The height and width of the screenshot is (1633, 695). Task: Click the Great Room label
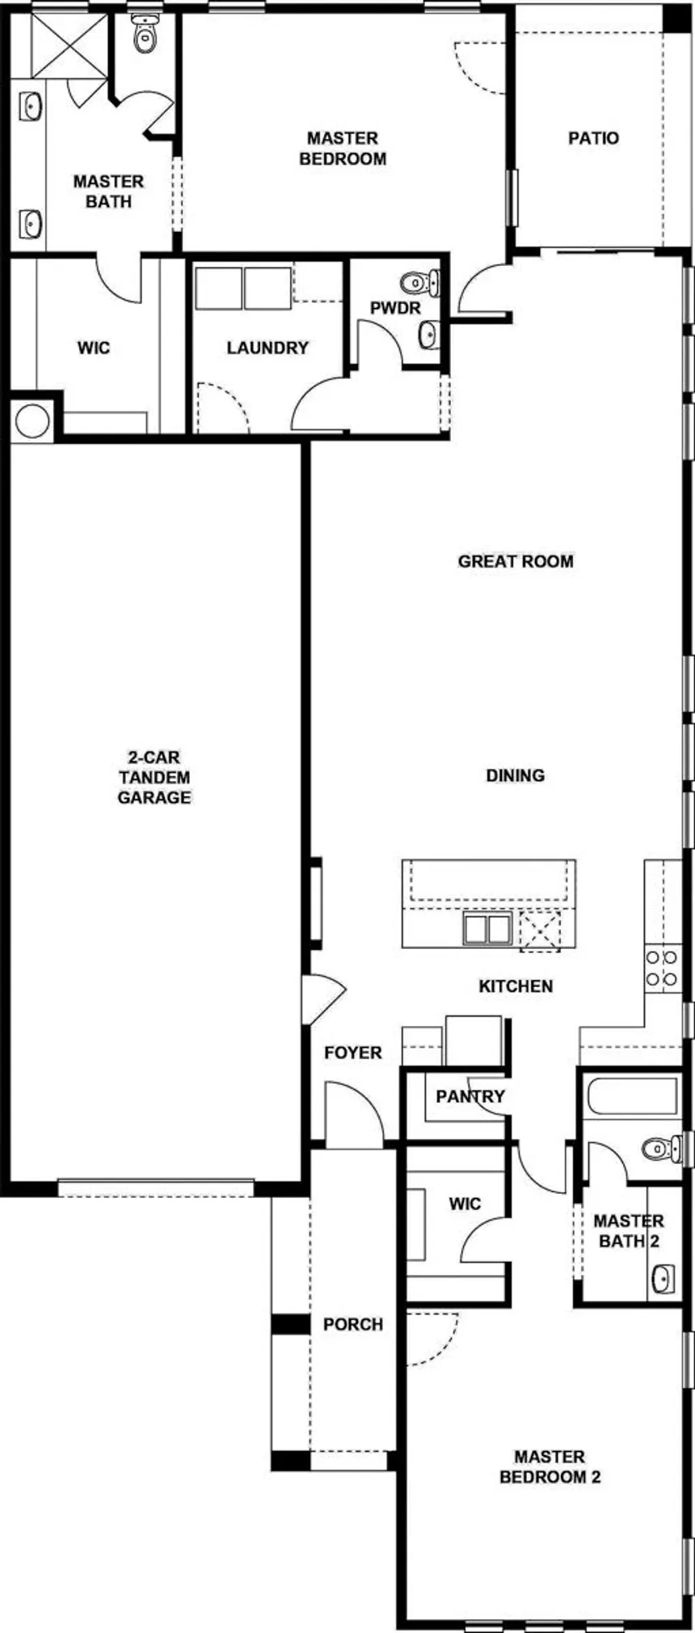point(516,561)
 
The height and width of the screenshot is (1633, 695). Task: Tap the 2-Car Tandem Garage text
point(154,778)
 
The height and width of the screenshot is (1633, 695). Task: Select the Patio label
point(593,138)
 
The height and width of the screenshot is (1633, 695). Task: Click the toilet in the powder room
point(418,283)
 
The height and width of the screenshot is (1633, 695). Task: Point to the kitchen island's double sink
point(486,929)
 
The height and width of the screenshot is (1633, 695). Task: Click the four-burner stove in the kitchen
point(662,968)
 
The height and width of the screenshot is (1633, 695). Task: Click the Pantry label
point(470,1097)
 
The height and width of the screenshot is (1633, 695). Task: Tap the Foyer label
point(352,1053)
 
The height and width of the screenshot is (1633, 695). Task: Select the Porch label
point(352,1324)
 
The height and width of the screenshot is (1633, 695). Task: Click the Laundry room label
point(267,348)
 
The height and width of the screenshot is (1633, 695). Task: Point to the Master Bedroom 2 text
point(550,1466)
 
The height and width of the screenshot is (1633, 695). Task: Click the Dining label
point(515,775)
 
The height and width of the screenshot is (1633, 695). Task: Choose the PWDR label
point(395,308)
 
